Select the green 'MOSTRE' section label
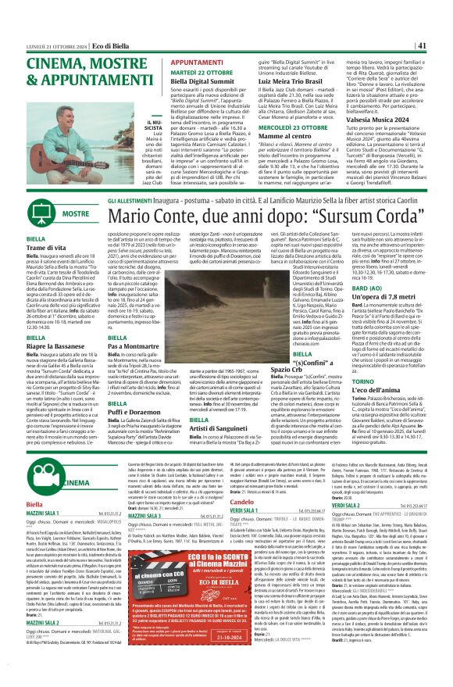tap(53, 213)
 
